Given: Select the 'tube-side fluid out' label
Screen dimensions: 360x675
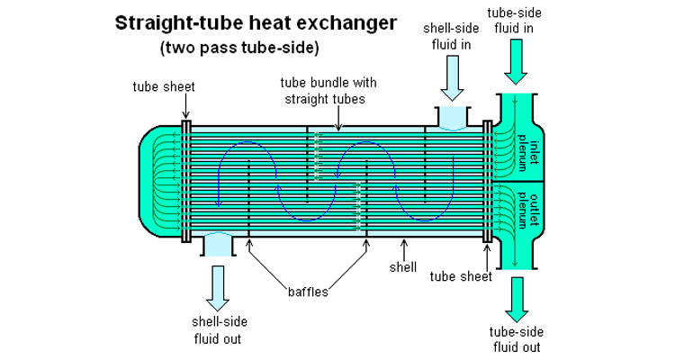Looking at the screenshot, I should tap(515, 339).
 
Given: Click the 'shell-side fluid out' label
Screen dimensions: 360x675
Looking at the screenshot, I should tap(217, 330).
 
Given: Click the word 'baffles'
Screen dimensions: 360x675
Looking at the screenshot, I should tap(309, 291).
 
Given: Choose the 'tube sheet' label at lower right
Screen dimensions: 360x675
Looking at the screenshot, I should tap(461, 276).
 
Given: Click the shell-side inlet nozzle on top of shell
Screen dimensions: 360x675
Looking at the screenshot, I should tap(452, 117).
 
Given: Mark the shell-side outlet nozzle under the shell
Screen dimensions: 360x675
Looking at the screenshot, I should tap(216, 243).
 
